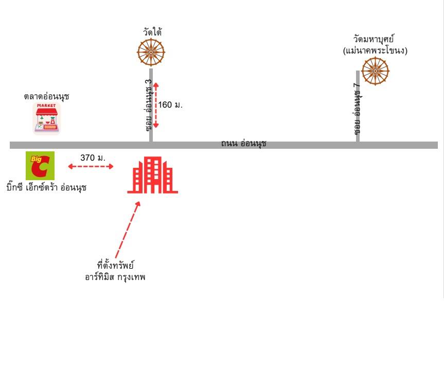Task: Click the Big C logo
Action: (40, 166)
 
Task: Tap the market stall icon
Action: (47, 118)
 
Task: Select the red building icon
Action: (153, 175)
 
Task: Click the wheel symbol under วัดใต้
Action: (151, 53)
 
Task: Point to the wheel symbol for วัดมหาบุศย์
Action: (376, 71)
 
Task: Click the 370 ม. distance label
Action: (93, 158)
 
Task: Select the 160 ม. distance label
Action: (170, 105)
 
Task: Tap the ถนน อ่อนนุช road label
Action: (243, 143)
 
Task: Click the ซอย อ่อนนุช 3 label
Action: (149, 105)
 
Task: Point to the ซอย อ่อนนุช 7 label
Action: (358, 109)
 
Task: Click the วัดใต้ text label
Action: (152, 32)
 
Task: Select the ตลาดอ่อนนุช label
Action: (46, 96)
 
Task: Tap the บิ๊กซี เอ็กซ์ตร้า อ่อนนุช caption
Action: (46, 187)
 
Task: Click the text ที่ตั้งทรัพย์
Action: (115, 265)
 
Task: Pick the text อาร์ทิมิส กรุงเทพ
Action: (115, 276)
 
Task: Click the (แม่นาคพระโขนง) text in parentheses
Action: (375, 51)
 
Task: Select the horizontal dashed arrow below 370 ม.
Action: (91, 166)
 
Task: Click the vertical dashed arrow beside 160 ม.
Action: (156, 105)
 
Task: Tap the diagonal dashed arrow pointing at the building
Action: (128, 230)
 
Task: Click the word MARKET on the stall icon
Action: (46, 106)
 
